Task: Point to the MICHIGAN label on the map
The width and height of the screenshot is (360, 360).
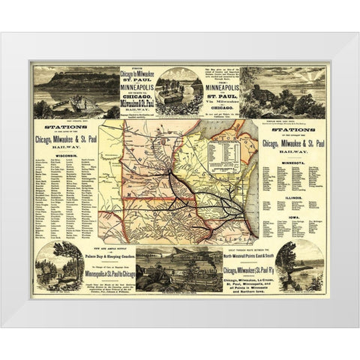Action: pyautogui.click(x=234, y=136)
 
